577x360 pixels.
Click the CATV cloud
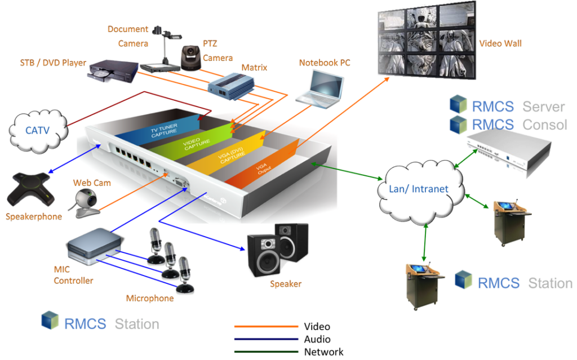pos(38,131)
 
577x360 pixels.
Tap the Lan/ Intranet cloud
pos(419,189)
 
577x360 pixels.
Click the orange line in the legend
pos(266,326)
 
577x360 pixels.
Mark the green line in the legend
pos(266,352)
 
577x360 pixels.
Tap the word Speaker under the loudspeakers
pos(285,283)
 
